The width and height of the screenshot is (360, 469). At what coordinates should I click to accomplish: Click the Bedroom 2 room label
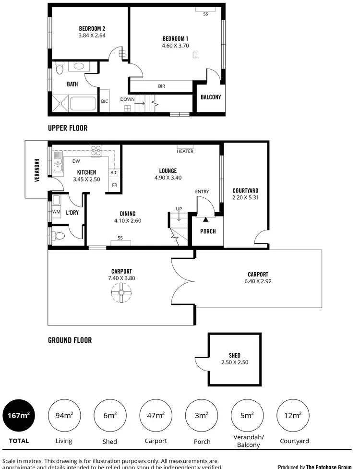click(92, 28)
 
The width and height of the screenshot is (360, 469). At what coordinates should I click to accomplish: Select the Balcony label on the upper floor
click(211, 97)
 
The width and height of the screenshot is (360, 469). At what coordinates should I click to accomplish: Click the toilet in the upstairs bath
click(59, 70)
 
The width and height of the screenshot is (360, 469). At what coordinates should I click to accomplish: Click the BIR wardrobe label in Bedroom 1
click(162, 86)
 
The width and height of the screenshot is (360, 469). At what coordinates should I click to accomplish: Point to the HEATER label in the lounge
click(185, 151)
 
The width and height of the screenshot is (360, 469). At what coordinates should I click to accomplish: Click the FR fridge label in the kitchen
click(114, 185)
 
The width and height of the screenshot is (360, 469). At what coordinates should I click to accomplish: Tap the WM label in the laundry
click(56, 212)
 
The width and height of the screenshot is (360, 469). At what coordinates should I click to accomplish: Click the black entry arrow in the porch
click(206, 219)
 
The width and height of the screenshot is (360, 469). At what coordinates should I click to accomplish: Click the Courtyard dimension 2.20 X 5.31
click(245, 197)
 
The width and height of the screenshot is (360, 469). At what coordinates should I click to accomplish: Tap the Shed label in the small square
click(235, 356)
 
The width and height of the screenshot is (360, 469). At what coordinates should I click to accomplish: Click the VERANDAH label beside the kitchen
click(36, 170)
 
